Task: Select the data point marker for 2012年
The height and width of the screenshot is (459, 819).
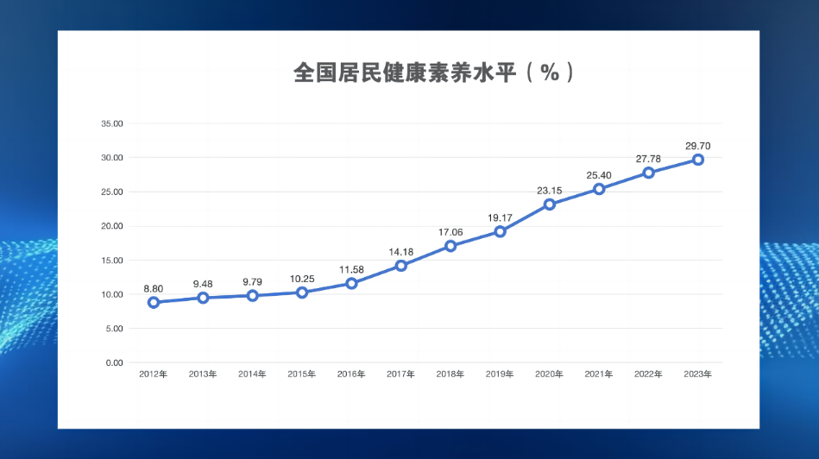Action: click(154, 303)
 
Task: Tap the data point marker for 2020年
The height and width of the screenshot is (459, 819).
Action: click(550, 204)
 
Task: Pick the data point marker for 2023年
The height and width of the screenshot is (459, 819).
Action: click(698, 160)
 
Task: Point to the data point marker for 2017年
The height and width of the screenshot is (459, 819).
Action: click(401, 266)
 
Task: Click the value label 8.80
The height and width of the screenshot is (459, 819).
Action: click(154, 288)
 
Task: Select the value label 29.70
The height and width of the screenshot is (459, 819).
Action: click(698, 146)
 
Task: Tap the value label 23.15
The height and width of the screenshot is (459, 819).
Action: click(550, 191)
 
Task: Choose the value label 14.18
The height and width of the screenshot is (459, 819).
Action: click(401, 252)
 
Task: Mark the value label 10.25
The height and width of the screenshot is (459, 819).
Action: click(302, 279)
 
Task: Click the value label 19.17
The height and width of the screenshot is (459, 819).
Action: click(501, 217)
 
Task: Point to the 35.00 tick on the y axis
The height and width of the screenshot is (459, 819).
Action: click(113, 123)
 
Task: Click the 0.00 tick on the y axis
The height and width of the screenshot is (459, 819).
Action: click(115, 363)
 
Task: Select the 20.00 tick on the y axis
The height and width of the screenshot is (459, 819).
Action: click(113, 226)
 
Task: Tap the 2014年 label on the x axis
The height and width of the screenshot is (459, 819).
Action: click(252, 374)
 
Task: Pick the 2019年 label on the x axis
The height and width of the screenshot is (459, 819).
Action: click(500, 374)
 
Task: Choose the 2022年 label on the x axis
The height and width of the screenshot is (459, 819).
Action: click(648, 374)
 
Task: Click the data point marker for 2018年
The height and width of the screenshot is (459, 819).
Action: click(450, 246)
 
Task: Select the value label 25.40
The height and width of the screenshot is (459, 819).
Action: click(599, 175)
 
